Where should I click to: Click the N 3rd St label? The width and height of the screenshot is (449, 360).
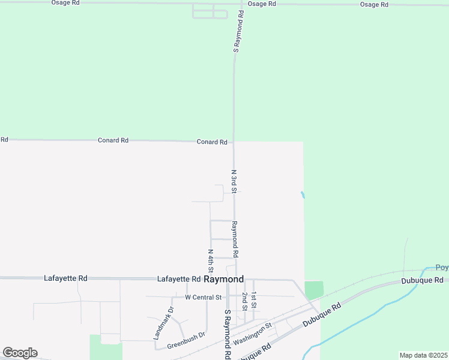point(234,181)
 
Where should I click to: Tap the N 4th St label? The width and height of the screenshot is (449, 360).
point(211,260)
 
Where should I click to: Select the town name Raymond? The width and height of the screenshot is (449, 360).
point(224,280)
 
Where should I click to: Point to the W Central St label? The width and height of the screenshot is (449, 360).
point(203,297)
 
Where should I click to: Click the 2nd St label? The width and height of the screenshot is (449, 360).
point(245,302)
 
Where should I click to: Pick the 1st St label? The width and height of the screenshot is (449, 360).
point(254,300)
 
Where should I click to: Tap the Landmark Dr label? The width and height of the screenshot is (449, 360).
point(163,323)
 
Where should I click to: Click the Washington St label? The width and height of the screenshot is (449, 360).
point(253,333)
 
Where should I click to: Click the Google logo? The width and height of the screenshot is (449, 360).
point(20,353)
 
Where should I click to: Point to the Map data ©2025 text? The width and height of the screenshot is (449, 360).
point(423,355)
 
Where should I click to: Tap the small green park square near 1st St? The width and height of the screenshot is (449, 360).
point(314,290)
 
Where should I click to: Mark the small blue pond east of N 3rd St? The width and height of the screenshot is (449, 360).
point(303,194)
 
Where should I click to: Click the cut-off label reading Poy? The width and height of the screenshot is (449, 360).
point(442,268)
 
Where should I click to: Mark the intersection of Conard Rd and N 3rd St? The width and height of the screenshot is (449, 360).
point(234,142)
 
